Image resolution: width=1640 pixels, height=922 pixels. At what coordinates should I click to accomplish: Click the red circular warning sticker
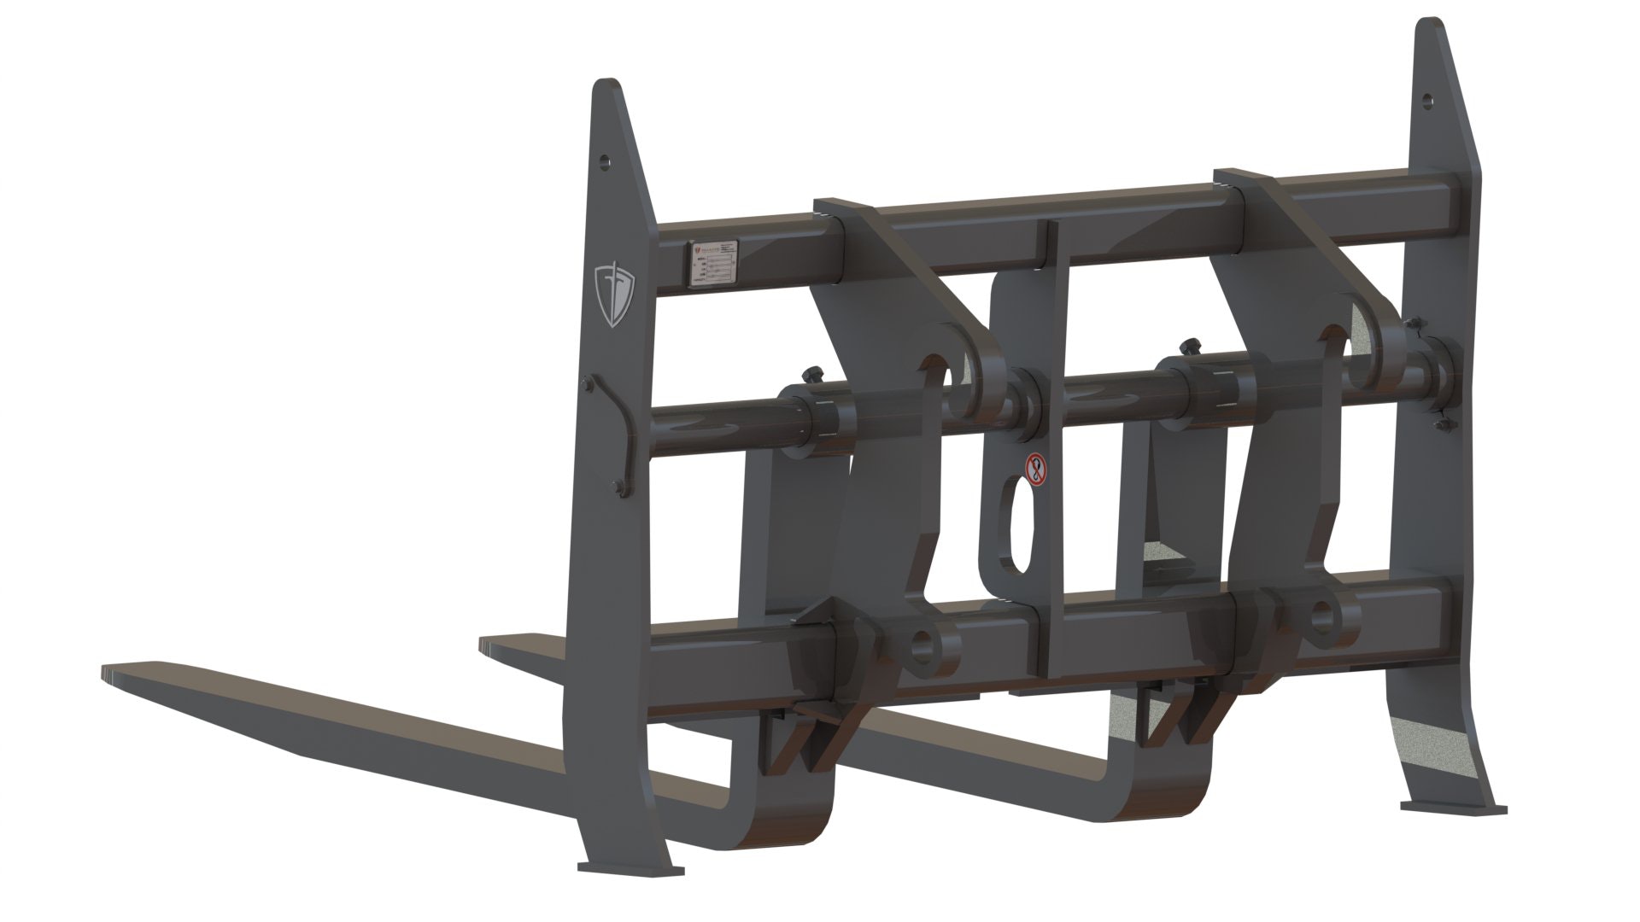[x=1036, y=470]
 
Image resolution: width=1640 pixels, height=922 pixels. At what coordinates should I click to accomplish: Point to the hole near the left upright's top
[x=605, y=160]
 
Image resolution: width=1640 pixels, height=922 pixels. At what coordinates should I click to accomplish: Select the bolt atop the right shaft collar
[x=1187, y=347]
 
